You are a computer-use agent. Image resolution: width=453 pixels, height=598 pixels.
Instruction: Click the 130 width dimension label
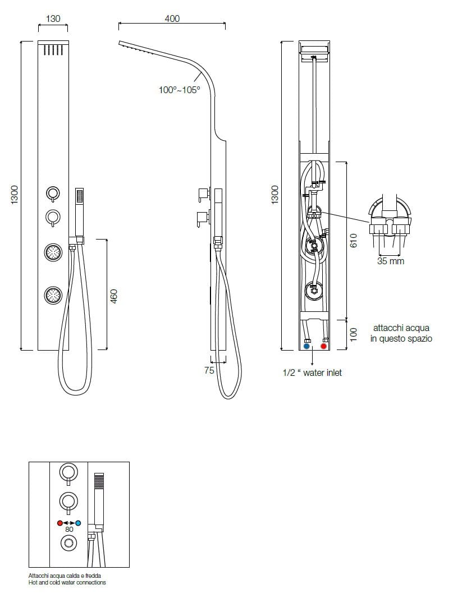point(53,19)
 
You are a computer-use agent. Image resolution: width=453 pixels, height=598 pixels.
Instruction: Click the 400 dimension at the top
point(172,19)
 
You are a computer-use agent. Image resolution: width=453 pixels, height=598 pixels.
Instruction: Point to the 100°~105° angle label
point(179,89)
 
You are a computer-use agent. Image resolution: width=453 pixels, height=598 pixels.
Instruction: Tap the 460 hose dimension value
point(114,296)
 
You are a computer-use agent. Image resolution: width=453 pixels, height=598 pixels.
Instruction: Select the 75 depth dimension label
point(209,370)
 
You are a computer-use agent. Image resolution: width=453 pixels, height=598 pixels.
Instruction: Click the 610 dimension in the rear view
point(354,240)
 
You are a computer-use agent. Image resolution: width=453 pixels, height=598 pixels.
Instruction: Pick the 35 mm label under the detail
point(390,261)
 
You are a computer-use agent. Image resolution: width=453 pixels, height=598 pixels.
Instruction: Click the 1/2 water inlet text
point(312,372)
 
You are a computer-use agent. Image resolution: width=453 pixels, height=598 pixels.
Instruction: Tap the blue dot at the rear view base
point(306,347)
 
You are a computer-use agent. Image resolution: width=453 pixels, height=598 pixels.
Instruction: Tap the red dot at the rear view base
point(323,347)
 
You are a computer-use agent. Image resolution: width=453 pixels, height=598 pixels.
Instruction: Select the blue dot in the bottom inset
point(78,522)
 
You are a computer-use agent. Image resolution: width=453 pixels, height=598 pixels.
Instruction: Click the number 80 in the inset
point(69,529)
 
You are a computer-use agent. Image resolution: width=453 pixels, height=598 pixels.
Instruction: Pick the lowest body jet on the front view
point(53,295)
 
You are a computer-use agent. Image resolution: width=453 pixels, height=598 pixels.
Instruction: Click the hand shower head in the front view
point(80,197)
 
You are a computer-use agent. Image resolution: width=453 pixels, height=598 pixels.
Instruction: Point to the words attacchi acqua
point(401,328)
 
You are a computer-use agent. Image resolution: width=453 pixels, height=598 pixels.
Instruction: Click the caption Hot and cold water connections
point(67,583)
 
